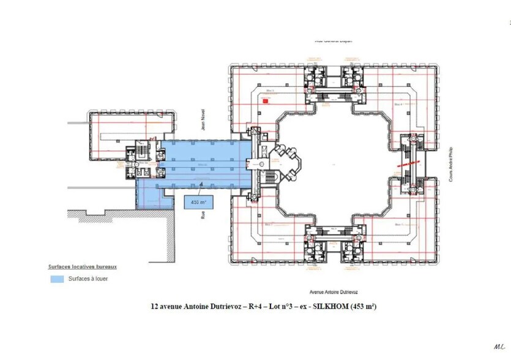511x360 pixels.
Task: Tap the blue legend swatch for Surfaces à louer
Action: [56, 279]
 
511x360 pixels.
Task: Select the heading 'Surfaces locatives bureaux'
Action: [83, 267]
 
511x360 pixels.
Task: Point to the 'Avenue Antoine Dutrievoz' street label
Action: [334, 291]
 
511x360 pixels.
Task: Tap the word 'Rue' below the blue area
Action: [202, 215]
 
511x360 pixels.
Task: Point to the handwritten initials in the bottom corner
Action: [499, 347]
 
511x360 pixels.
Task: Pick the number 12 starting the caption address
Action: [154, 307]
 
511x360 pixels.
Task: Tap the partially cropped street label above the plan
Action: [334, 41]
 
